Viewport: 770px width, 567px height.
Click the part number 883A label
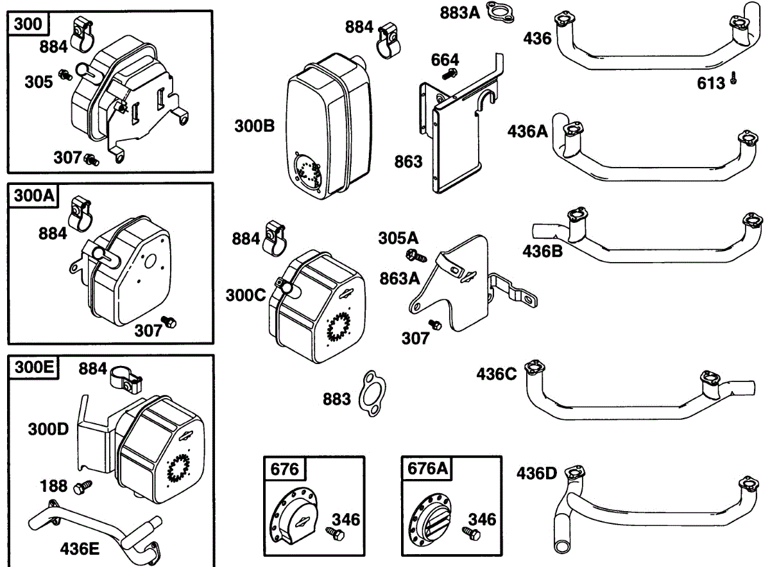(x=459, y=12)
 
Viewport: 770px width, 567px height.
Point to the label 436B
(x=542, y=250)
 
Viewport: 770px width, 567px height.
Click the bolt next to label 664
(x=447, y=75)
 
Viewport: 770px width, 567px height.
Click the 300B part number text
(x=254, y=126)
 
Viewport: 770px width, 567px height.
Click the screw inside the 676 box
(x=332, y=532)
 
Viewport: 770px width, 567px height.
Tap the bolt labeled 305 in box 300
(x=65, y=75)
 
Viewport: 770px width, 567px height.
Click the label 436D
(x=536, y=475)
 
